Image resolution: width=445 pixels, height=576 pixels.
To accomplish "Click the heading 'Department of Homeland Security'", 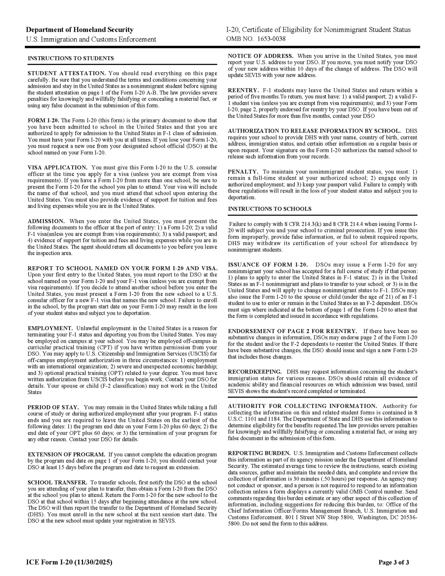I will point(79,30).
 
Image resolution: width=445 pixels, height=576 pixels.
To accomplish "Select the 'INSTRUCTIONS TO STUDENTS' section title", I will point(71,58).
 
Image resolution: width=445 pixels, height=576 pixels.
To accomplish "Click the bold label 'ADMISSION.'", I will point(46,221).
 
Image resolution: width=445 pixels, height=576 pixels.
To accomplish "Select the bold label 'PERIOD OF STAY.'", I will point(53,407).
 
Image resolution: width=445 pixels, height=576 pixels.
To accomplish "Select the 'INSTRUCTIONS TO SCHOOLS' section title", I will point(270,209).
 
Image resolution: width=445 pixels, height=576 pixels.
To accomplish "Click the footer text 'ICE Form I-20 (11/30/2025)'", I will point(69,562).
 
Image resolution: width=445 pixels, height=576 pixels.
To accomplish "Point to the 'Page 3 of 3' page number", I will point(394,562).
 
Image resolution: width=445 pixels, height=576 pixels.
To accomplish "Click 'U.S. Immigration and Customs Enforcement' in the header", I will point(91,39).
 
